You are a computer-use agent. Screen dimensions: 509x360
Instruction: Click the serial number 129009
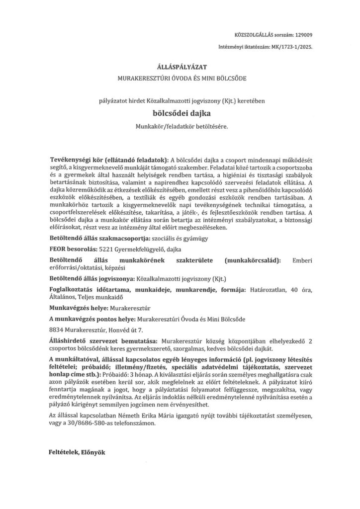(x=304, y=36)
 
